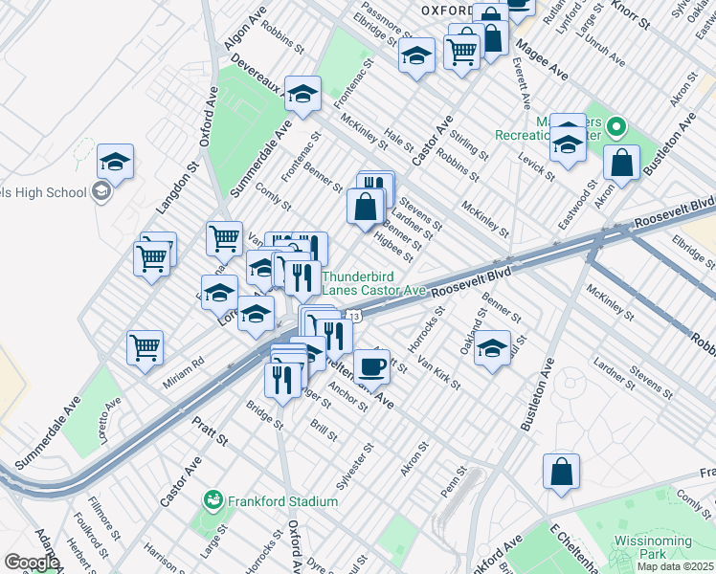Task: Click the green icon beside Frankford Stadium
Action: (x=213, y=500)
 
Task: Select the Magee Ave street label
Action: (x=542, y=60)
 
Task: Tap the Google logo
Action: (x=32, y=563)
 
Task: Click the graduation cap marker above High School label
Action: (x=115, y=162)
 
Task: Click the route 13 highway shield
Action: (x=353, y=316)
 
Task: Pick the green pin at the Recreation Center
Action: (x=616, y=126)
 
